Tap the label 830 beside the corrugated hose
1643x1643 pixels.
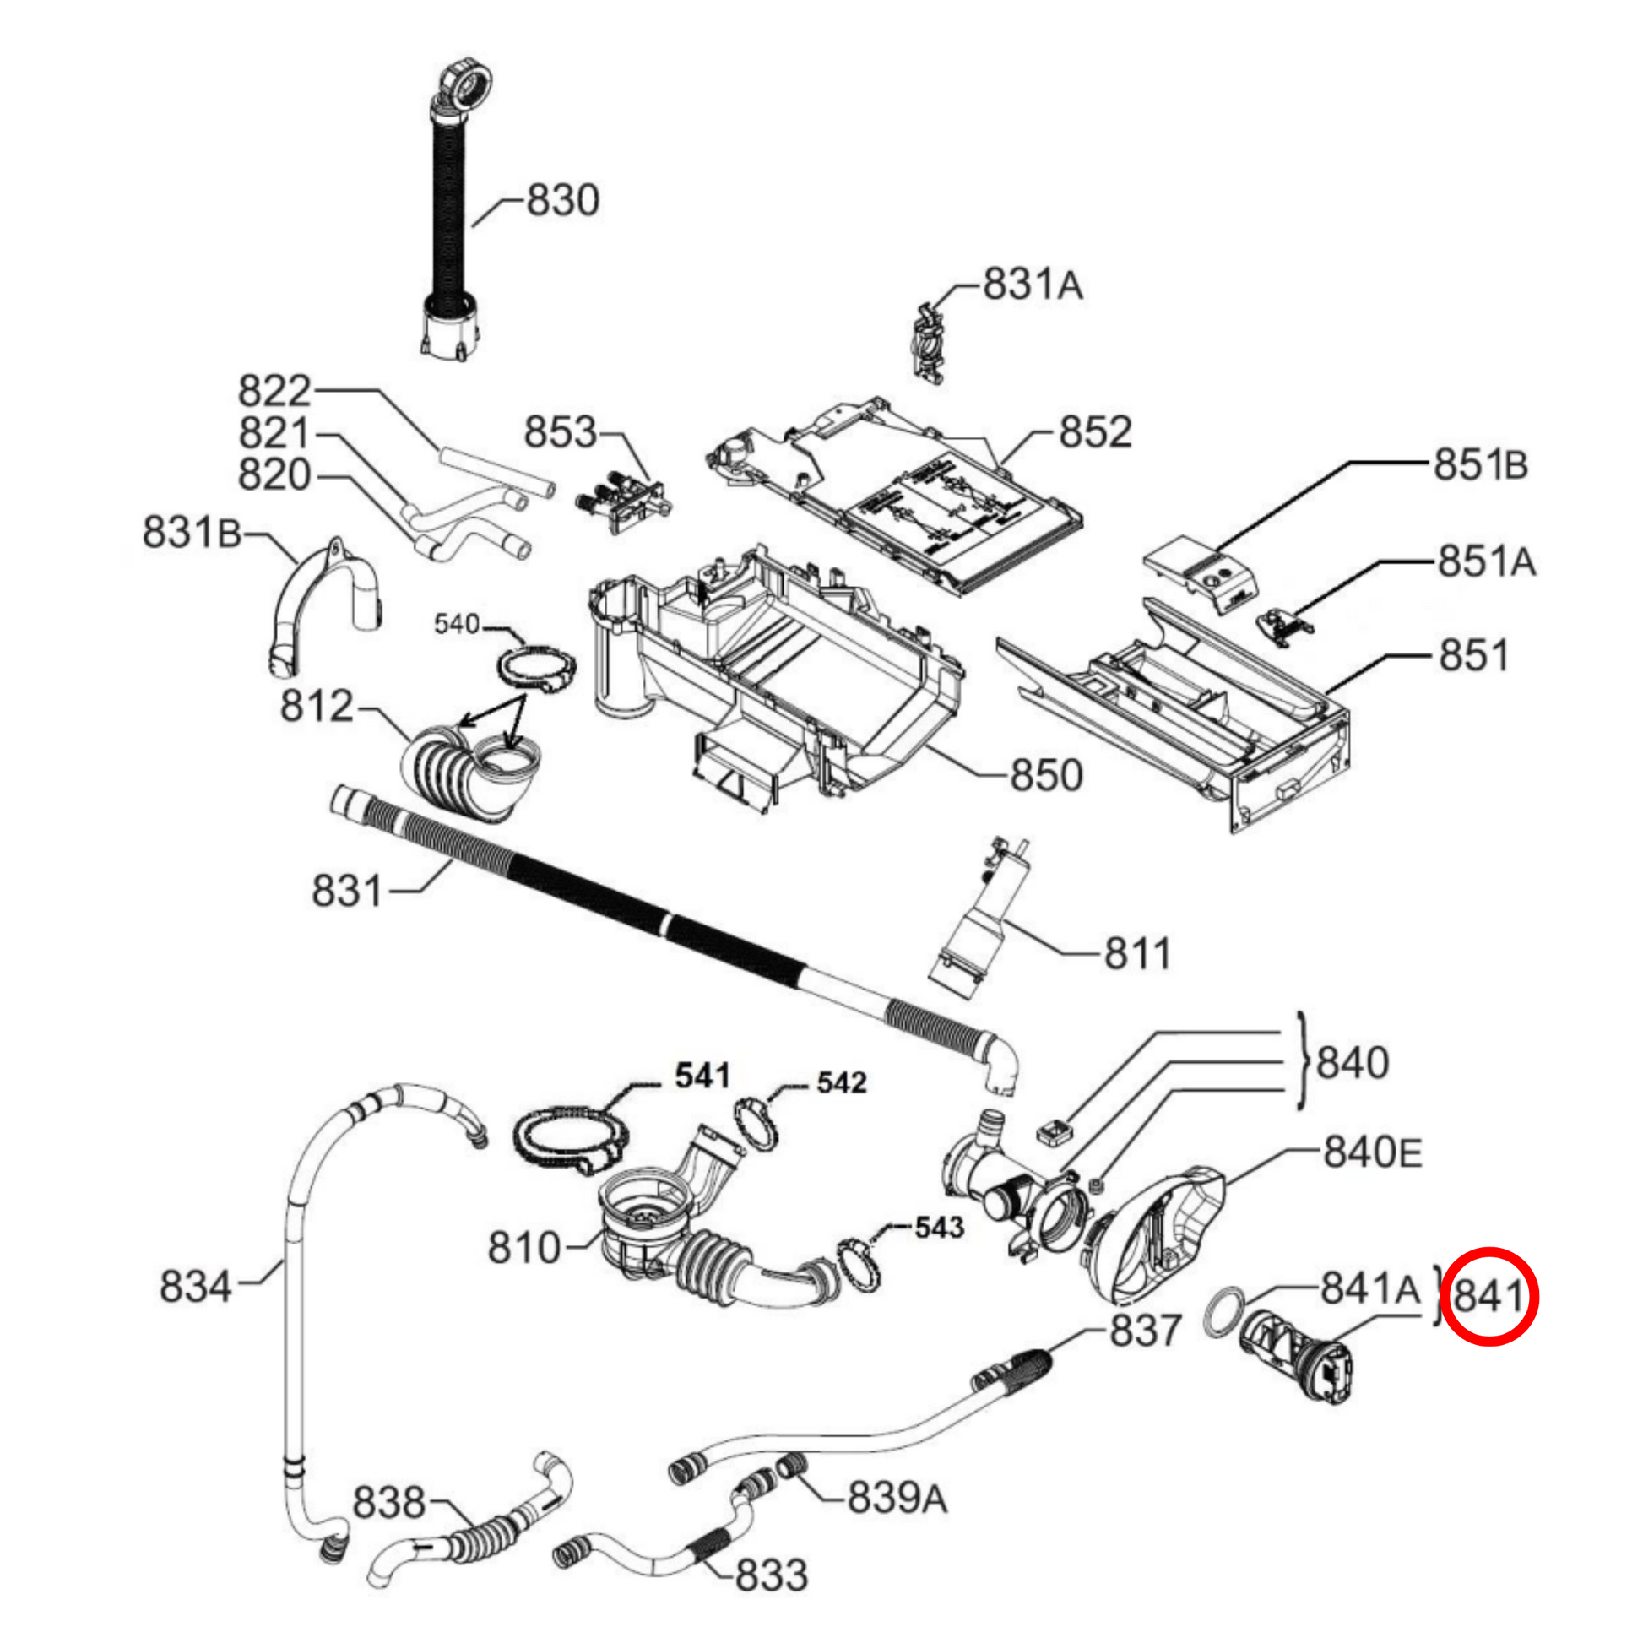pyautogui.click(x=563, y=201)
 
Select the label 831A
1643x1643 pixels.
pyautogui.click(x=1033, y=285)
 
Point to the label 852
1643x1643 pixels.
pyautogui.click(x=1095, y=432)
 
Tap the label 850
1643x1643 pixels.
pyautogui.click(x=1046, y=775)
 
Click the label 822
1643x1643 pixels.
pyautogui.click(x=274, y=392)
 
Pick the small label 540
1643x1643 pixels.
pyautogui.click(x=457, y=624)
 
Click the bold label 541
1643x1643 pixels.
pyautogui.click(x=702, y=1076)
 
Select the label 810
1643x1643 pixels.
pyautogui.click(x=523, y=1248)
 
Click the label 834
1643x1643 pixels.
pyautogui.click(x=196, y=1286)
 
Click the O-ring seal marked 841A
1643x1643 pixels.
pyautogui.click(x=1225, y=1312)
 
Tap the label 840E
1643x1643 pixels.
pyautogui.click(x=1373, y=1153)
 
